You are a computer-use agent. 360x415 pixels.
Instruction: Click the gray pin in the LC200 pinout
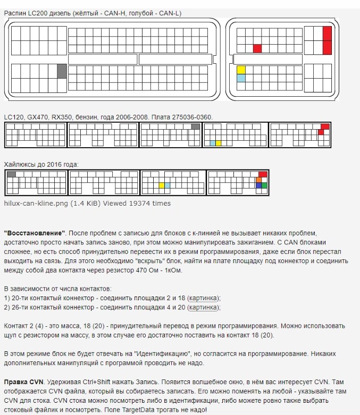[62, 71]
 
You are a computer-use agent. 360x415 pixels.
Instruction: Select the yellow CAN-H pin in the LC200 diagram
[241, 70]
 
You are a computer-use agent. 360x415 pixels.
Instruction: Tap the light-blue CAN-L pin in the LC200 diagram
[241, 78]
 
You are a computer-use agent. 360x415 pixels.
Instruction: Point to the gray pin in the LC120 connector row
[195, 126]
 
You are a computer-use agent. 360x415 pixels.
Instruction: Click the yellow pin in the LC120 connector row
[219, 143]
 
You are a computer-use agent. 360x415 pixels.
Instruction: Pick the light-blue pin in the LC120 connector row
[213, 143]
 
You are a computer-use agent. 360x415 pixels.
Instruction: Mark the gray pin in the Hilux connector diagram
[11, 174]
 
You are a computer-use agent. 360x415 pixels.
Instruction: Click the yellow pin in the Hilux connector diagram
[161, 185]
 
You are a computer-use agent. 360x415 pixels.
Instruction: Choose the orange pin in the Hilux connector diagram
[258, 180]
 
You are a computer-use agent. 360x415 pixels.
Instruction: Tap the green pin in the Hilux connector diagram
[264, 185]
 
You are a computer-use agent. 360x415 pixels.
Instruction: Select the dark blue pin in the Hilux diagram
[258, 185]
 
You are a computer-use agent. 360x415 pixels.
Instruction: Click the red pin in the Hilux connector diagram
[263, 174]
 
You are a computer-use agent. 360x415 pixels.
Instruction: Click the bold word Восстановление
[34, 233]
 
